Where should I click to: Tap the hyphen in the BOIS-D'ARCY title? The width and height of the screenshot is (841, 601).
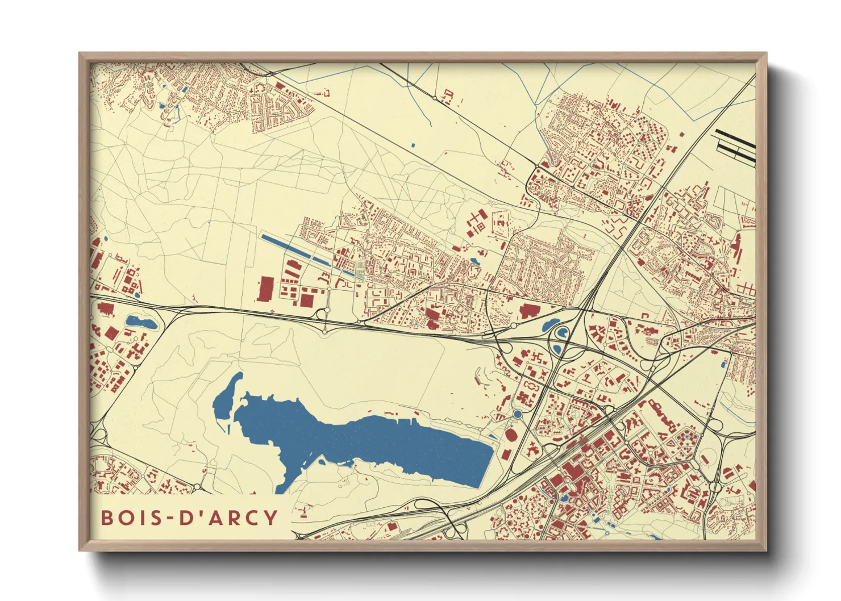point(168,518)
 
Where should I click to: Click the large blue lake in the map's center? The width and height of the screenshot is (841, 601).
point(364,443)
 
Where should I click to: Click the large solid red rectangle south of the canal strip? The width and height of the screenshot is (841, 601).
point(265,289)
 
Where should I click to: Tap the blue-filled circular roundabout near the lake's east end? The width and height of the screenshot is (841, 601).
point(517,414)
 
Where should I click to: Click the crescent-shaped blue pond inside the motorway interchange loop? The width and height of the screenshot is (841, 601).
point(562,333)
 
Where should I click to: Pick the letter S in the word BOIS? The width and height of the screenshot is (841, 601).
point(153,517)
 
